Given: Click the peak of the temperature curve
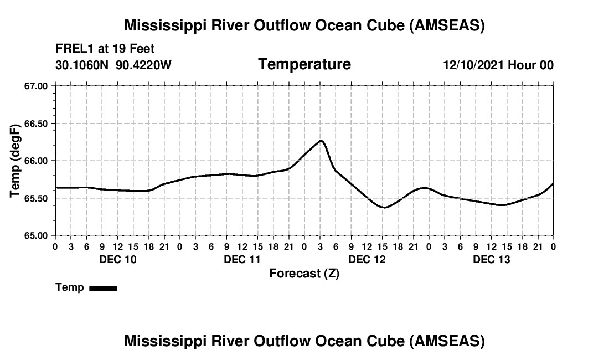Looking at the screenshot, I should pyautogui.click(x=321, y=141).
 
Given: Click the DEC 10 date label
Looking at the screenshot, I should pyautogui.click(x=117, y=260).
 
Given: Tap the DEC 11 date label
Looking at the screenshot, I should pyautogui.click(x=242, y=260).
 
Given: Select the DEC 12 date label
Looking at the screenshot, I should pyautogui.click(x=367, y=260).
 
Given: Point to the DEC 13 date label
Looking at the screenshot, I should pyautogui.click(x=492, y=260).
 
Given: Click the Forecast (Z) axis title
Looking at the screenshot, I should pyautogui.click(x=304, y=274).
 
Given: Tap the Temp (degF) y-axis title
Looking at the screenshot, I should pyautogui.click(x=16, y=161).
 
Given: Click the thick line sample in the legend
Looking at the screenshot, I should pyautogui.click(x=103, y=288).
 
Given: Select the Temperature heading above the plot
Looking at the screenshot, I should pyautogui.click(x=304, y=64).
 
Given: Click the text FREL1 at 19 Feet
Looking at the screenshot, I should pyautogui.click(x=105, y=48).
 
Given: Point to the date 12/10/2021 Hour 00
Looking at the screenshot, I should pyautogui.click(x=498, y=65).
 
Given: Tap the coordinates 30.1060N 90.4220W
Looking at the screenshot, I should pyautogui.click(x=113, y=65).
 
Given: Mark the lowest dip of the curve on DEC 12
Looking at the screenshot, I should pyautogui.click(x=384, y=208).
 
